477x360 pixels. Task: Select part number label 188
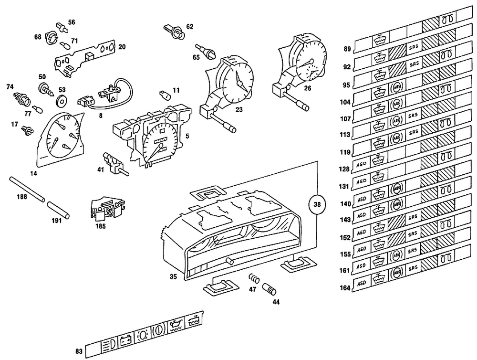[x=22, y=196]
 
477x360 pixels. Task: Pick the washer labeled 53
[x=61, y=101]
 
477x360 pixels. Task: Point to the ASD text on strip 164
[x=361, y=283]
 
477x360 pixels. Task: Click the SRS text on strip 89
[x=413, y=47]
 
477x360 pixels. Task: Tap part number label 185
[x=101, y=226]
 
